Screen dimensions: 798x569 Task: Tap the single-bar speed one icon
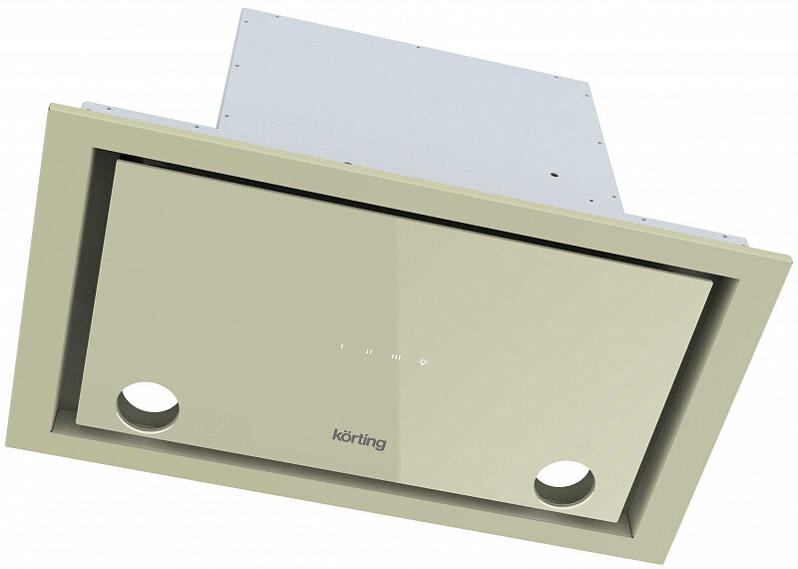pos(341,347)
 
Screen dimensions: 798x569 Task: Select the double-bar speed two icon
pos(370,351)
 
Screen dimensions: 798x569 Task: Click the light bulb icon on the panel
pos(423,361)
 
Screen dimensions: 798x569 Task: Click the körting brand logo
pos(359,439)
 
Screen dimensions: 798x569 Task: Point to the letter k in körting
pos(336,435)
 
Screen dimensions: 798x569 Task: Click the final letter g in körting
pos(381,444)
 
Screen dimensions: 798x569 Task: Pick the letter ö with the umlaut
pos(344,436)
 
